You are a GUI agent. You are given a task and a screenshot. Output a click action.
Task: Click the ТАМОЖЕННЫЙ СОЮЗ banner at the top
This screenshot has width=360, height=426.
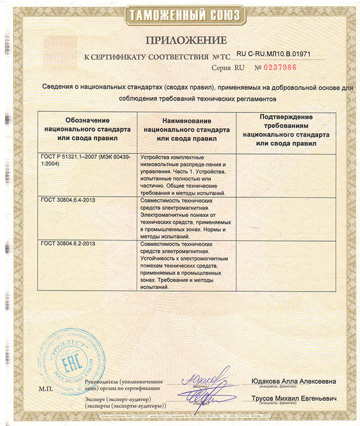(x=179, y=15)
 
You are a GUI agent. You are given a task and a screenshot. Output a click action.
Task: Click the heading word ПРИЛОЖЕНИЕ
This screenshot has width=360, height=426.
(x=179, y=40)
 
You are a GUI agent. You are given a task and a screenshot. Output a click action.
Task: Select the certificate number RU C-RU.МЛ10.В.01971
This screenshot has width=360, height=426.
(x=273, y=54)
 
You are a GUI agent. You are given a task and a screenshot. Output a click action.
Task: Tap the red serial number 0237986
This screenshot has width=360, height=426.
(x=275, y=67)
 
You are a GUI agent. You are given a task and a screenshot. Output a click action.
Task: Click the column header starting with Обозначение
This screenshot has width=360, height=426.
(x=88, y=129)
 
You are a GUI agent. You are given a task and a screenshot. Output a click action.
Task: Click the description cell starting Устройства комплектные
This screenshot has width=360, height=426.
(x=184, y=174)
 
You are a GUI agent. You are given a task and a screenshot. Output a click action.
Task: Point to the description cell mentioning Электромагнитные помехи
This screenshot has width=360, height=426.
(x=184, y=218)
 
